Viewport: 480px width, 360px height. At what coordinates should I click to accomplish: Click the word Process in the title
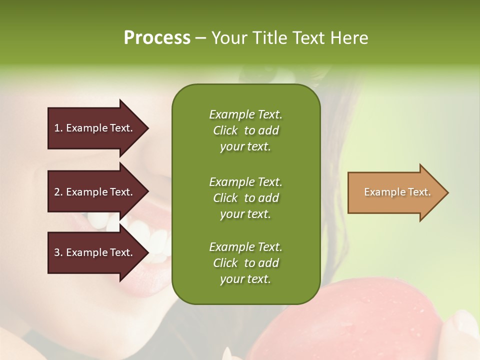pyautogui.click(x=157, y=37)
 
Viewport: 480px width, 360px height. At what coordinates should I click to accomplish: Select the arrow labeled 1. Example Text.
pyautogui.click(x=95, y=128)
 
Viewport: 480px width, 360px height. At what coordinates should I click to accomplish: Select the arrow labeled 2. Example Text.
pyautogui.click(x=95, y=192)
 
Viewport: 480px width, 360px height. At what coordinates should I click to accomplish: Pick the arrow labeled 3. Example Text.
pyautogui.click(x=95, y=252)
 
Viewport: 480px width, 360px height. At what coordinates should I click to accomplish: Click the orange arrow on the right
pyautogui.click(x=395, y=192)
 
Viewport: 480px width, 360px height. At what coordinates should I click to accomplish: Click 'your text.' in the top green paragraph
pyautogui.click(x=245, y=147)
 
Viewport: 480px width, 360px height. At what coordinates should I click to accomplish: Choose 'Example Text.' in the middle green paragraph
pyautogui.click(x=245, y=181)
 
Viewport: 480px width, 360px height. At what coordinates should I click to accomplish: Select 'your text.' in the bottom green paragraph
pyautogui.click(x=245, y=279)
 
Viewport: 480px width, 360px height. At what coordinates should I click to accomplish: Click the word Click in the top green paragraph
pyautogui.click(x=225, y=130)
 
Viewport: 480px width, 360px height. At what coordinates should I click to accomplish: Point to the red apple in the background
pyautogui.click(x=350, y=320)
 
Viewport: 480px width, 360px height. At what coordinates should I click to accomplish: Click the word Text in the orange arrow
pyautogui.click(x=419, y=192)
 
